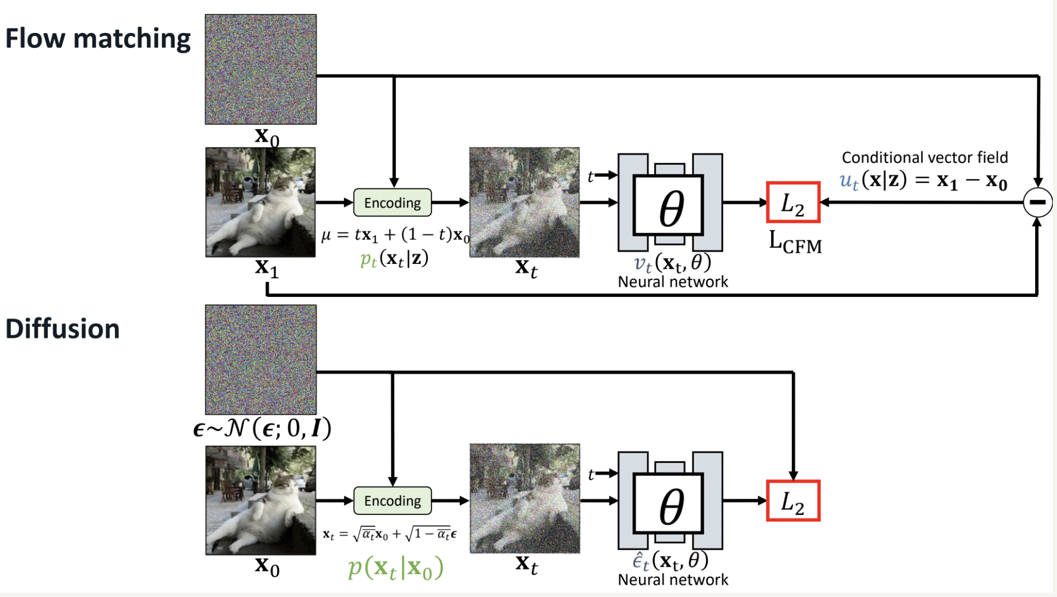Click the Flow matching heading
coord(98,39)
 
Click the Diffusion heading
coord(62,329)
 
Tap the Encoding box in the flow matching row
coord(392,203)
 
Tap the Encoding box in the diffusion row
coord(392,501)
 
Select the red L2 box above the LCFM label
coord(792,203)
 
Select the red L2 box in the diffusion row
coord(792,501)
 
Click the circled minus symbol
coord(1037,202)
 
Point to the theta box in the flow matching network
coord(668,205)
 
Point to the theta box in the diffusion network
coord(668,503)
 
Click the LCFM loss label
coord(795,243)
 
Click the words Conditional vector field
coord(924,157)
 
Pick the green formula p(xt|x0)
coord(395,568)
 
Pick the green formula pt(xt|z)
coord(394,259)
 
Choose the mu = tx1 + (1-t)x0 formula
coord(395,235)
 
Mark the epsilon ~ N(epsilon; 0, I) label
coord(262,428)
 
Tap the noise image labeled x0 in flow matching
coord(261,70)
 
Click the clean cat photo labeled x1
coord(260,202)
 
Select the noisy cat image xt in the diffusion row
coord(525,499)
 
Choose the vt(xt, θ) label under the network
coord(672,262)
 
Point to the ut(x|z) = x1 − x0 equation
coord(923,181)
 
